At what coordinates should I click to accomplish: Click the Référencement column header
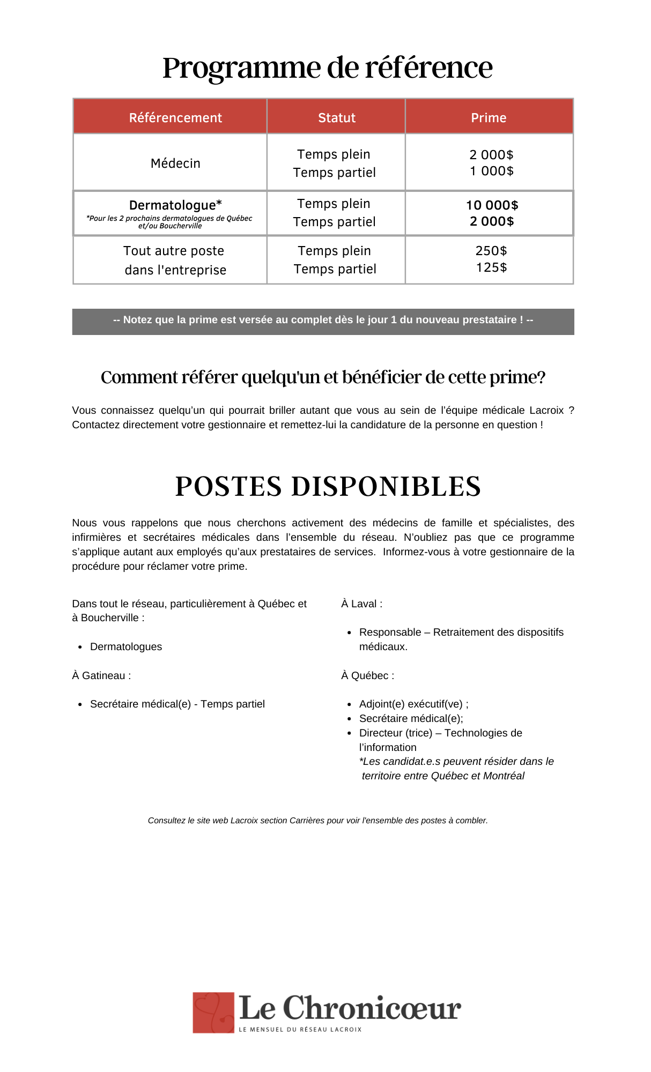tap(175, 117)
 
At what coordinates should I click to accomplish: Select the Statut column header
tap(337, 117)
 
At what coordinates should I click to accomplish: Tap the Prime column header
tap(489, 117)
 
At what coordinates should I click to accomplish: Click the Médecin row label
tap(175, 163)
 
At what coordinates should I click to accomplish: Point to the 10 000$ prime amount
tap(492, 205)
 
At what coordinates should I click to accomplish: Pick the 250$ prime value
tap(491, 251)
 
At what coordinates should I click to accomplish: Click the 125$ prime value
tap(491, 267)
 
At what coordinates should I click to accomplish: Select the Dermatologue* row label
tap(175, 205)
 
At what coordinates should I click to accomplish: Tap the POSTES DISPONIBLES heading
tap(328, 486)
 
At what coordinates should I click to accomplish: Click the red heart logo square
tap(213, 1012)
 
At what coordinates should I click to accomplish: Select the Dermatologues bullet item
tap(126, 646)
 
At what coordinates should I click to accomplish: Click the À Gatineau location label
tap(101, 675)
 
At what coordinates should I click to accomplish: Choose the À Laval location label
tap(362, 604)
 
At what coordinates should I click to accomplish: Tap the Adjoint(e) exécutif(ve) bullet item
tap(413, 704)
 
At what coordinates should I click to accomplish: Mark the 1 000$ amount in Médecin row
tap(492, 171)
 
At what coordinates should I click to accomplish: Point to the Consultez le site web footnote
tap(317, 820)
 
